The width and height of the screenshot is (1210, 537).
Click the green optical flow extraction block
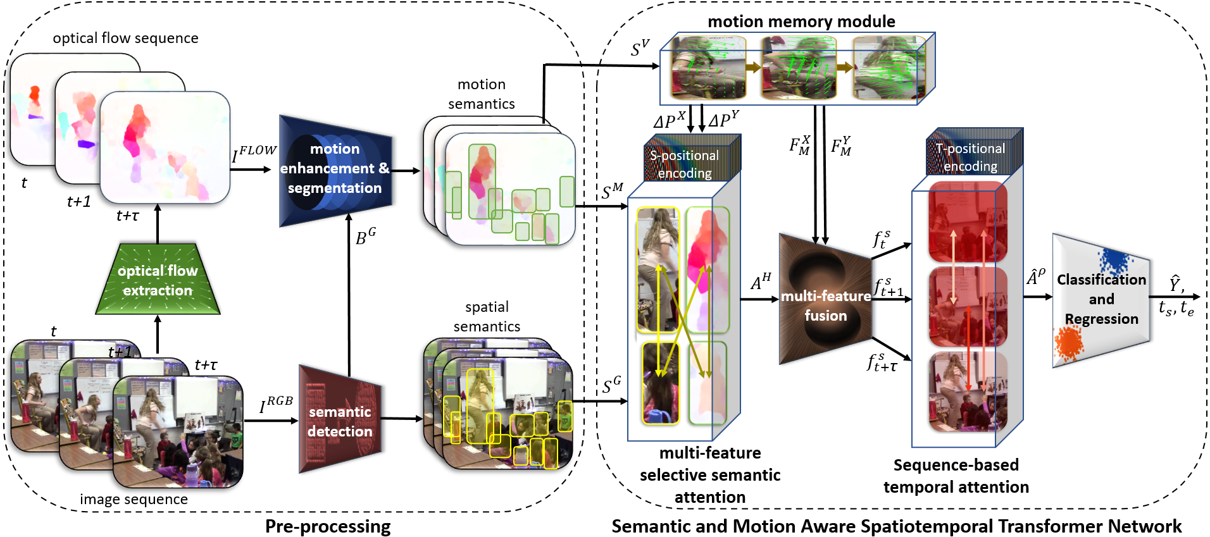(158, 280)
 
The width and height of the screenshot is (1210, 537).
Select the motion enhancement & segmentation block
(335, 169)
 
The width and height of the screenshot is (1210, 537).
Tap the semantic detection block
(340, 421)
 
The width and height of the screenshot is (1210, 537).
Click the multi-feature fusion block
(825, 302)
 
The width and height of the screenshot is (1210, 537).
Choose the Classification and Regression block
(1101, 299)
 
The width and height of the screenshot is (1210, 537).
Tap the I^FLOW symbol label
(254, 154)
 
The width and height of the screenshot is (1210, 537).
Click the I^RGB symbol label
(276, 404)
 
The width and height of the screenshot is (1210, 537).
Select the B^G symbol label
(365, 237)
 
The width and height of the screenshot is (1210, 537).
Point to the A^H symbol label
(761, 281)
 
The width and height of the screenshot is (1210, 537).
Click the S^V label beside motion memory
(640, 48)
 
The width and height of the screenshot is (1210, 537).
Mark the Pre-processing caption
(328, 526)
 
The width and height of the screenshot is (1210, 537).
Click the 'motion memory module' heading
(801, 22)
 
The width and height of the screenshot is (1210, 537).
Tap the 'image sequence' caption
(134, 499)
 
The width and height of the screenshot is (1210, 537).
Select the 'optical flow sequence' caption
(125, 38)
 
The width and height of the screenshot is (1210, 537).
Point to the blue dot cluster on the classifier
(1115, 260)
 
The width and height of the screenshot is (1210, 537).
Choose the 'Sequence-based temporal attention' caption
(956, 476)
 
